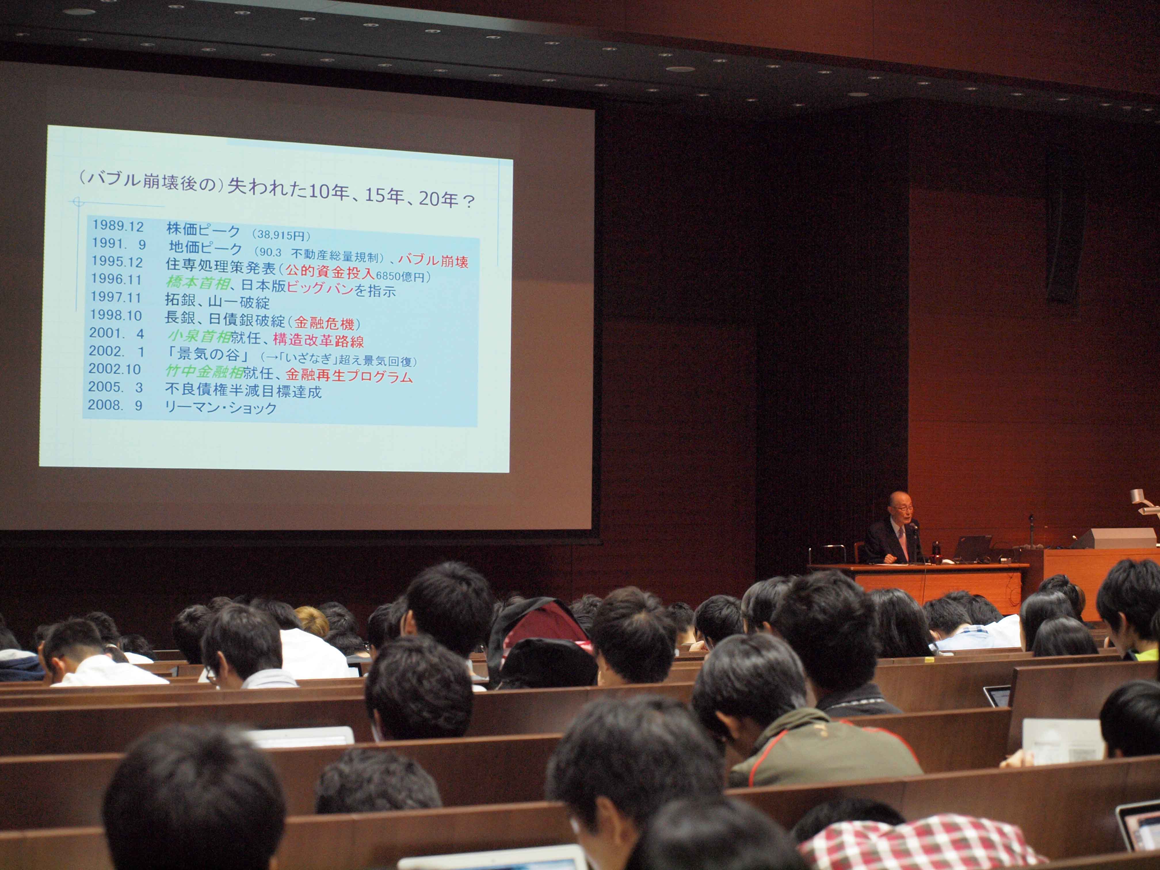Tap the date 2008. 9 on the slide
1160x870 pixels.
[x=115, y=405]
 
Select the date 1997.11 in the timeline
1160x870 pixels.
[x=116, y=297]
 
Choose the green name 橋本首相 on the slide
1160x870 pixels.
[x=198, y=283]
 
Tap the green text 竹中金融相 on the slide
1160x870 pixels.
[x=204, y=372]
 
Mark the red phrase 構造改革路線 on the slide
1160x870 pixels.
[x=318, y=340]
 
